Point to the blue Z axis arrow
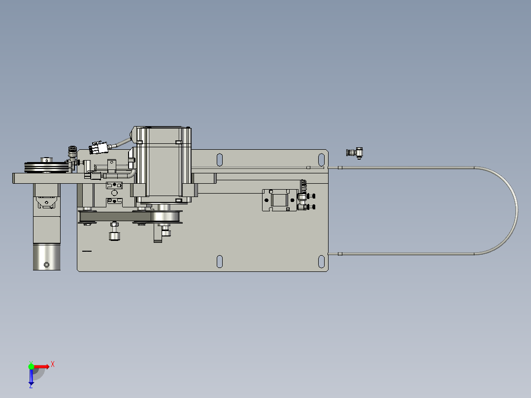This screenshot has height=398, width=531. tap(31, 377)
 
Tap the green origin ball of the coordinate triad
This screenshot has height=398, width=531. tap(31, 366)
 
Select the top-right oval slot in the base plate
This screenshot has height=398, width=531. tap(321, 160)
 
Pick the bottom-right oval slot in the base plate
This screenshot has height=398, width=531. tap(321, 263)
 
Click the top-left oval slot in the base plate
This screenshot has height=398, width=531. tap(220, 160)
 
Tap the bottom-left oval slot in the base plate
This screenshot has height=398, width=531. tap(220, 263)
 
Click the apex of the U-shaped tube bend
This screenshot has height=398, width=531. tap(516, 211)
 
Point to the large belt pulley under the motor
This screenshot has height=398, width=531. tap(166, 217)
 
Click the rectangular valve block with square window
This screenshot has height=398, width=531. tap(279, 199)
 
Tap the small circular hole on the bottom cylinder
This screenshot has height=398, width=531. tap(47, 265)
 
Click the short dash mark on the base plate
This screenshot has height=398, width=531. tap(87, 251)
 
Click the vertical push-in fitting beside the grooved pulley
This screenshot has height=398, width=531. tap(72, 154)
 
